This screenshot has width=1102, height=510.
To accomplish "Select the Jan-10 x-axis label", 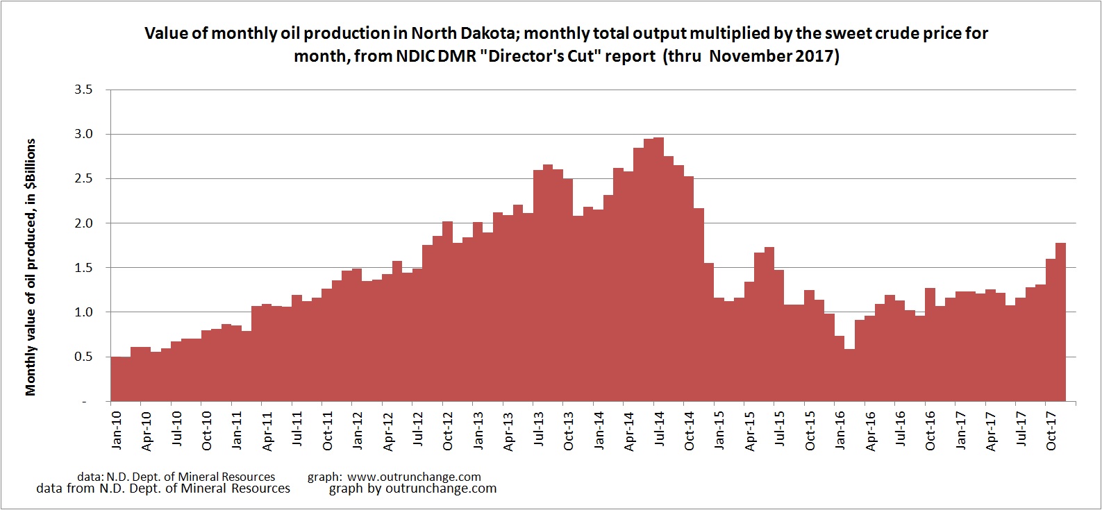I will tap(116, 430).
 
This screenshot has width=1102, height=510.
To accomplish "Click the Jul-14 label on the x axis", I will tap(659, 430).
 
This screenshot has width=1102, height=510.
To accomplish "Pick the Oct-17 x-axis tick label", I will tap(1051, 430).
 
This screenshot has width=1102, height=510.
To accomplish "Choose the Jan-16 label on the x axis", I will tap(840, 430).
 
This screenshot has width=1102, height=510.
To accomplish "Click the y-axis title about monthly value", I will tap(31, 267).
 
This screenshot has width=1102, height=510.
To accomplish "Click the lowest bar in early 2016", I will tap(849, 375).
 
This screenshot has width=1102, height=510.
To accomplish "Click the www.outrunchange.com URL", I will tap(414, 477).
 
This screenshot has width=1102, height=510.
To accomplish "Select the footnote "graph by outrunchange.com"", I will tap(412, 488).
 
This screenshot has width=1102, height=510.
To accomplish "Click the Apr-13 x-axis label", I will tap(508, 430).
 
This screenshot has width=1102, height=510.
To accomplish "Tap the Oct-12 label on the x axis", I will tap(448, 430).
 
